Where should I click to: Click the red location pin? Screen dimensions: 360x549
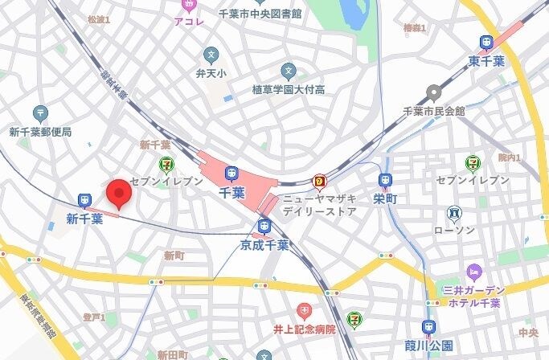pos(119,194)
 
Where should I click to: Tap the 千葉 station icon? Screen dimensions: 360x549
pos(231,173)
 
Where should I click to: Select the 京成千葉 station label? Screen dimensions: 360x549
pos(264,243)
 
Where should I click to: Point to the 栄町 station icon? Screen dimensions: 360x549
pos(384,179)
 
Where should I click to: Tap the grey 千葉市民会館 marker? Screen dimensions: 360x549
pos(434,91)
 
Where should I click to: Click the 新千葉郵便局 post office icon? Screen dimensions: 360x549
pos(41,113)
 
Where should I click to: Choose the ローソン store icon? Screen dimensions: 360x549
pos(454,214)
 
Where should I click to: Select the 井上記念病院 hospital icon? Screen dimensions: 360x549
pos(304,310)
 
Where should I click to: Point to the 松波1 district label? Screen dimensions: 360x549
pos(98,19)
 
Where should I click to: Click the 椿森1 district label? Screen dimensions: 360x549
pos(415,28)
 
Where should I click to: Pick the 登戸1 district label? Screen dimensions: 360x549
pos(94,317)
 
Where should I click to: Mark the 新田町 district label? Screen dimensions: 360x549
pos(173,354)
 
